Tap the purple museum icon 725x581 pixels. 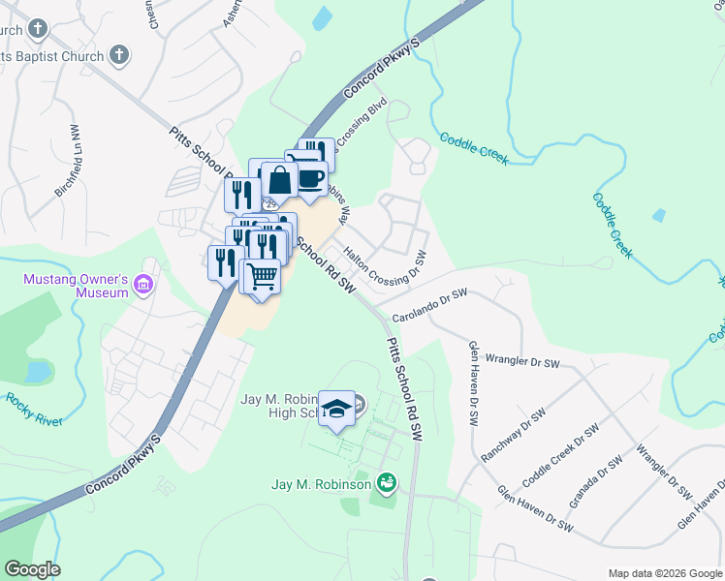144,284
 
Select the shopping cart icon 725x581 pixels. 260,277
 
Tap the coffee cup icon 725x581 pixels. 310,180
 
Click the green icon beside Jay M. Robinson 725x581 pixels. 387,481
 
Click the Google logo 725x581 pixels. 32,569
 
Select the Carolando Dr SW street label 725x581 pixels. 430,305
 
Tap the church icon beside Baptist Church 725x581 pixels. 119,55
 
